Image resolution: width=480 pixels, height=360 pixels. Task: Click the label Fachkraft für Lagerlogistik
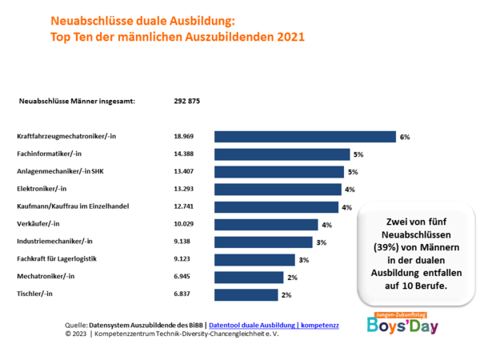(x=56, y=259)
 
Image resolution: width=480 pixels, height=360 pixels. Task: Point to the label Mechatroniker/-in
(x=46, y=277)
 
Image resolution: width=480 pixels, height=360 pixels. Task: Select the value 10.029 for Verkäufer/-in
(x=185, y=224)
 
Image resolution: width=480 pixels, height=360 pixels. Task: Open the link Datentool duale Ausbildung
(x=273, y=325)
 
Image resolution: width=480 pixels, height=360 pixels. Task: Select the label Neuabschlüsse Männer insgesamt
(x=76, y=101)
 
